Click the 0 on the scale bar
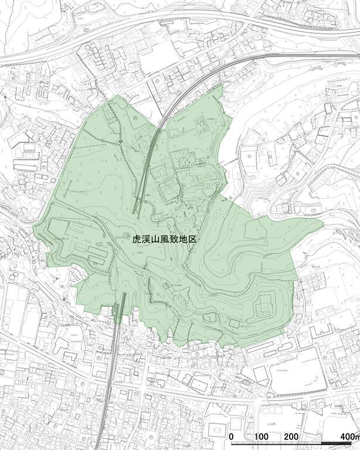pos(232,437)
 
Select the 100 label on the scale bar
pos(261,437)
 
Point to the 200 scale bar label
pos(291,437)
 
